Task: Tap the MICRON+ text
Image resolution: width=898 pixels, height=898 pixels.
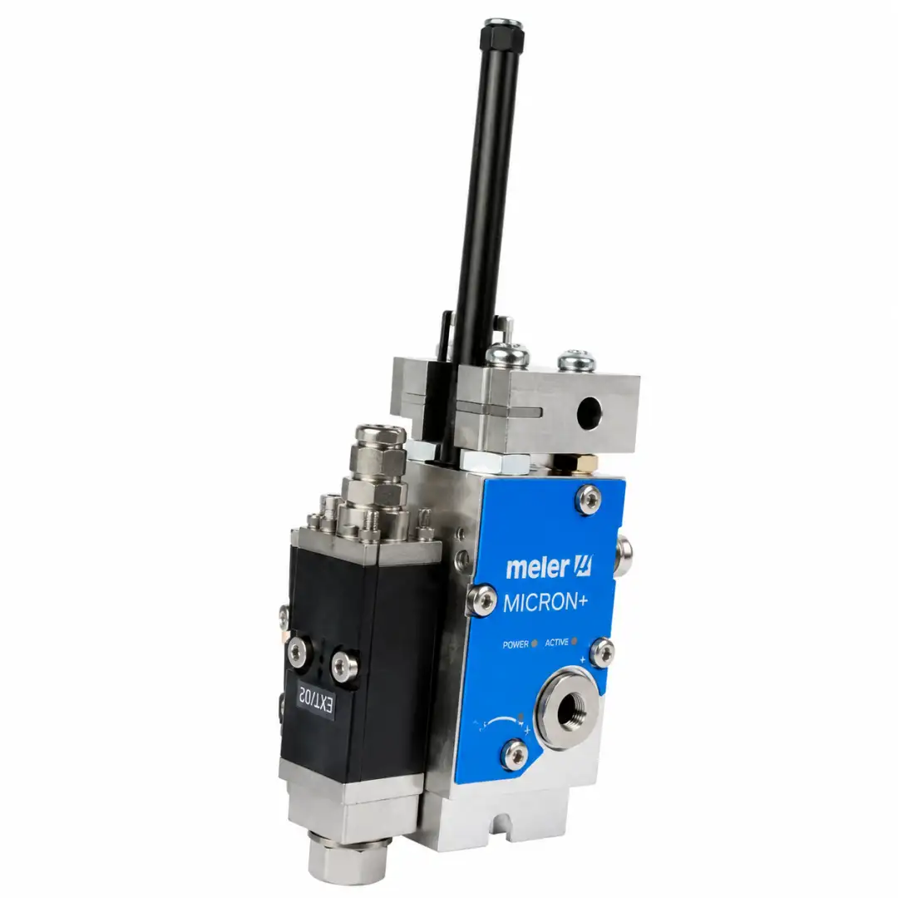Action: (545, 603)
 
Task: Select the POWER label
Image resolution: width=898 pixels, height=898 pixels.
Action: (516, 644)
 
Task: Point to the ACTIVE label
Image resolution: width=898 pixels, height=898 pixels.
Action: (556, 643)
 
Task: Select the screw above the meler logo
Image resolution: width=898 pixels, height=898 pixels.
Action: (589, 499)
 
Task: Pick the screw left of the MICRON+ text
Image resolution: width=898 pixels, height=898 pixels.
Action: (483, 599)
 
